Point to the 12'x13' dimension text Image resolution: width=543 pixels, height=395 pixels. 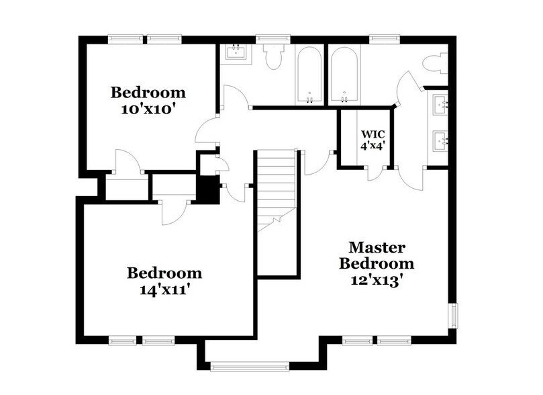click(376, 277)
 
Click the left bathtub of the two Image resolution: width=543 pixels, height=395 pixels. click(309, 74)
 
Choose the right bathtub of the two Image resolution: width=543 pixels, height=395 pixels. click(345, 74)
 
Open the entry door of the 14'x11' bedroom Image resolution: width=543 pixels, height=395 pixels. click(170, 212)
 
